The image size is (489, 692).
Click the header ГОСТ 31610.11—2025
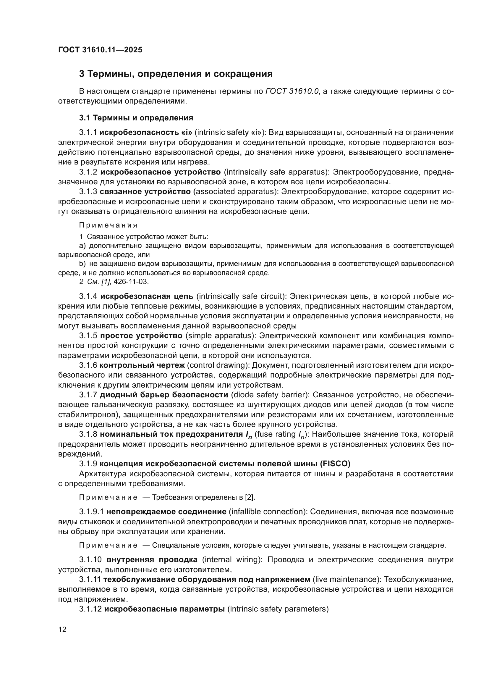point(100,50)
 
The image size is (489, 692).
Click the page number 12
point(62,629)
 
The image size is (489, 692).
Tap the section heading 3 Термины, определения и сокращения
point(176,74)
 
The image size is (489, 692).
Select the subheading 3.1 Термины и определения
point(136,118)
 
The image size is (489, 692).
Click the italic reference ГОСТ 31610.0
point(292,91)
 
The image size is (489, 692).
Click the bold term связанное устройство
point(145,192)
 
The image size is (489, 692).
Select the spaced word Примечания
point(109,225)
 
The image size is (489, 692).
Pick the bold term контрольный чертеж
point(142,365)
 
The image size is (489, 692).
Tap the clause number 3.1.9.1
point(91,512)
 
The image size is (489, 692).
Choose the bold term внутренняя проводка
point(152,560)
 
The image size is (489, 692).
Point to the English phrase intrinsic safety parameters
point(278,609)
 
